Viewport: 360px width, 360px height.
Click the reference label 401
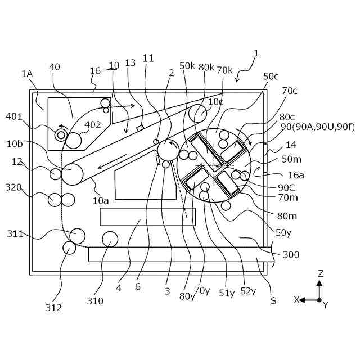pos(14,116)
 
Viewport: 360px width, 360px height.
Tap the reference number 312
pos(54,307)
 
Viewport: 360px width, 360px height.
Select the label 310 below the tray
pos(95,301)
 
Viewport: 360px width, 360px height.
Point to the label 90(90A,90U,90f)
pos(317,127)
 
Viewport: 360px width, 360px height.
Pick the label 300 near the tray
pos(291,255)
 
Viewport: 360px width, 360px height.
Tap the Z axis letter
pos(320,273)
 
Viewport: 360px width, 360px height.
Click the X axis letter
pos(296,300)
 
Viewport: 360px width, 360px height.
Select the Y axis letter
pos(325,305)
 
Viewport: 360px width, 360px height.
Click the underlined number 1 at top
pos(256,53)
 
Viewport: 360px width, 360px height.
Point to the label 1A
pos(27,74)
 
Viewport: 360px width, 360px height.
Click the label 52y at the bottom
pos(248,290)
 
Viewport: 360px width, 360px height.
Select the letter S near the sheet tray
pos(273,300)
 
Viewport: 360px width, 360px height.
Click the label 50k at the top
pos(187,66)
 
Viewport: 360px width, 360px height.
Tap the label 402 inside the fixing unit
pos(92,125)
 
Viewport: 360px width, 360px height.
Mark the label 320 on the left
pos(13,187)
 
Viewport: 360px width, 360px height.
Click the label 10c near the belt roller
pos(216,102)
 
